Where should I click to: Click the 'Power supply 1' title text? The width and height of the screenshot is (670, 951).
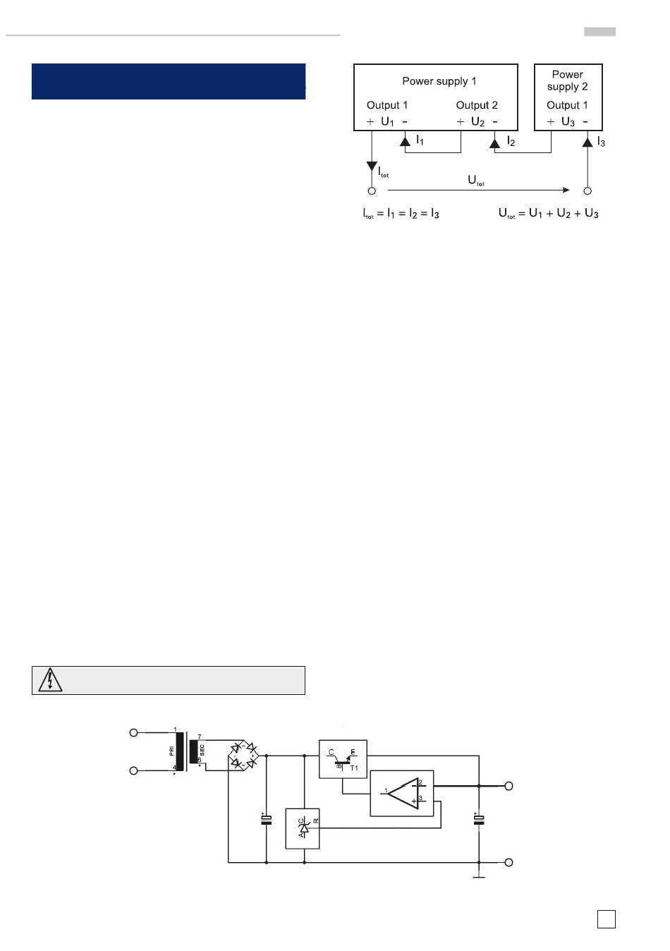439,81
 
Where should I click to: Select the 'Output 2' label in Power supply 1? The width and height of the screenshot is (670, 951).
477,105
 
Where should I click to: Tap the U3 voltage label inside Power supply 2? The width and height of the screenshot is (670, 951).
568,122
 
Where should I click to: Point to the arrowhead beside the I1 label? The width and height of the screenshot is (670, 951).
406,141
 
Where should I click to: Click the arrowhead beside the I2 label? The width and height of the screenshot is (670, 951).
495,143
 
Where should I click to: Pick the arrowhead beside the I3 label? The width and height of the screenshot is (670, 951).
587,142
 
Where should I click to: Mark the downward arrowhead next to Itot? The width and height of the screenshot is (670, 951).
372,166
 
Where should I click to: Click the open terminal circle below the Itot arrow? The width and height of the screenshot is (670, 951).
372,191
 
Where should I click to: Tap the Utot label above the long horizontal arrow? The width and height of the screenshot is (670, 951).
475,181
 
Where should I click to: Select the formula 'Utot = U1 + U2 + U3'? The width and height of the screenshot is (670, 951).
548,213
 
